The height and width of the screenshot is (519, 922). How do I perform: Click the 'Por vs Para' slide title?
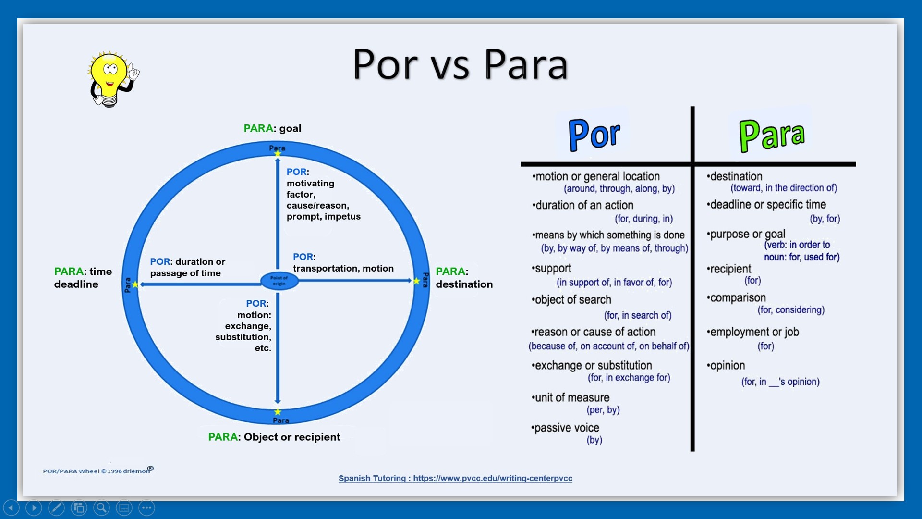[461, 64]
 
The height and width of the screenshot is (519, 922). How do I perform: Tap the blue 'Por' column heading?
[594, 135]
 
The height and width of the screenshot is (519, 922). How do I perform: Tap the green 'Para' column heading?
[772, 136]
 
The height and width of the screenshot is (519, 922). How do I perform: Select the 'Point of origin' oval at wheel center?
[279, 281]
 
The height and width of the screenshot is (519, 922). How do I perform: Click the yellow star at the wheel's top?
[278, 154]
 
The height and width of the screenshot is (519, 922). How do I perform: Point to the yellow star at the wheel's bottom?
[278, 412]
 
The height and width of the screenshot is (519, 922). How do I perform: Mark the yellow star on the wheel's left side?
[135, 284]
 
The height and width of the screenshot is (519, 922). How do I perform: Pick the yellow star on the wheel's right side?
[416, 281]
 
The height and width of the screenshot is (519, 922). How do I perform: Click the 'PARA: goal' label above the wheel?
[272, 128]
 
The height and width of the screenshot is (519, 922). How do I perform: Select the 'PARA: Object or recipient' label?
[274, 437]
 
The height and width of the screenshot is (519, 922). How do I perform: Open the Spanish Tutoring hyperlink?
[455, 478]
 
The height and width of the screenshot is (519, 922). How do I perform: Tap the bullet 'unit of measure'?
[570, 397]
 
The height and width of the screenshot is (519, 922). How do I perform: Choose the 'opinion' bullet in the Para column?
[726, 366]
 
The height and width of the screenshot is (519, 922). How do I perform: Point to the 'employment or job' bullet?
[753, 332]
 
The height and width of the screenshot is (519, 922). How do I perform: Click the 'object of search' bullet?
[571, 300]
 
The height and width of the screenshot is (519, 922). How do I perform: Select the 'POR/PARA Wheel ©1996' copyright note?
[98, 470]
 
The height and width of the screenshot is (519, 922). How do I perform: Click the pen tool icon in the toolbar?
[56, 507]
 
